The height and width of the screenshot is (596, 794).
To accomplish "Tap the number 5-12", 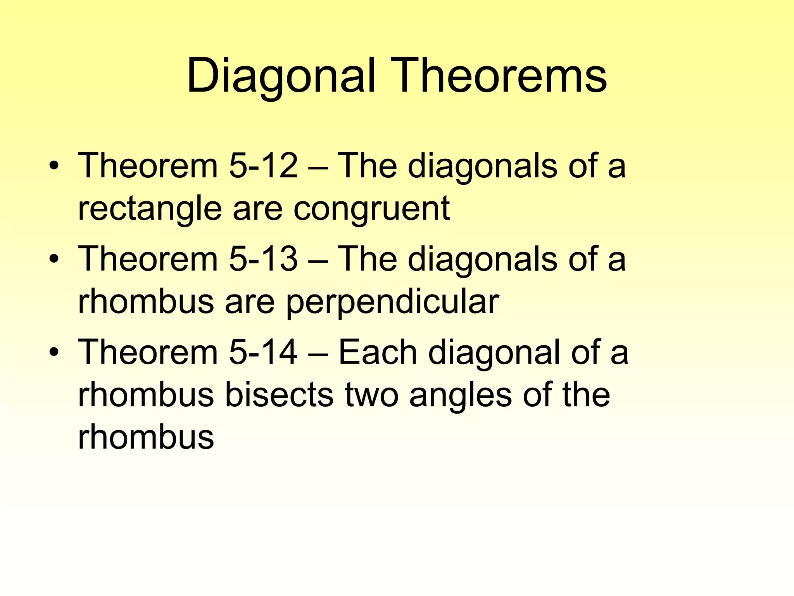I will (263, 166).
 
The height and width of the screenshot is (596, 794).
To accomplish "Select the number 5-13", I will (263, 259).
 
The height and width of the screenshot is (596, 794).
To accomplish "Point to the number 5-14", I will (263, 352).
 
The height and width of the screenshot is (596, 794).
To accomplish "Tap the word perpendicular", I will (392, 302).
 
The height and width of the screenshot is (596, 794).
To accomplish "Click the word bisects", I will (279, 395).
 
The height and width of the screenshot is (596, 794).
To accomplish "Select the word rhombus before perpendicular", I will (146, 302).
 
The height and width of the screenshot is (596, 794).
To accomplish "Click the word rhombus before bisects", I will (146, 395).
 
